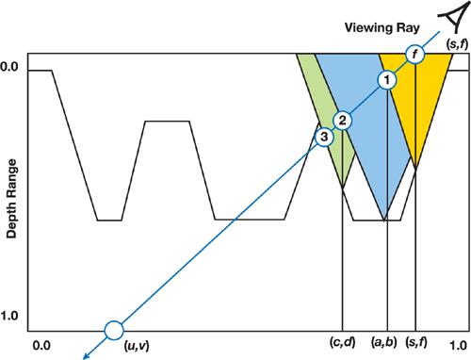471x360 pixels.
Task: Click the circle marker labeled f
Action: (x=415, y=55)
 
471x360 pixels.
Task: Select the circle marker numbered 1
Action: (x=387, y=80)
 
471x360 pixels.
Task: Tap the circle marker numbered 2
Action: (x=342, y=121)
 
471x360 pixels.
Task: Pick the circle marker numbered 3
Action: (x=324, y=137)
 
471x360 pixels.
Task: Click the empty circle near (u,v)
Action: (x=114, y=331)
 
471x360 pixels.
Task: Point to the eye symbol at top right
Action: (x=452, y=19)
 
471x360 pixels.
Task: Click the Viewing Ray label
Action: (x=382, y=27)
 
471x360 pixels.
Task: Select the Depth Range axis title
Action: (x=11, y=199)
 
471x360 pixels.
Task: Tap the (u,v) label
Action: (x=137, y=346)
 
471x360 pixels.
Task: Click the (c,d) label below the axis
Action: (x=343, y=342)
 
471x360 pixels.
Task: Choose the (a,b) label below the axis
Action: (x=384, y=342)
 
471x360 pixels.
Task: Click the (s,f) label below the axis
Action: (x=416, y=342)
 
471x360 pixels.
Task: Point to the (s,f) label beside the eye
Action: (x=457, y=44)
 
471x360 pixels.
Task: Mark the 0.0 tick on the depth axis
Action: (x=8, y=67)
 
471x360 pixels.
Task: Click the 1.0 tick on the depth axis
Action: (x=8, y=316)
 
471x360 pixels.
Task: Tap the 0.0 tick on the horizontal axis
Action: (x=41, y=346)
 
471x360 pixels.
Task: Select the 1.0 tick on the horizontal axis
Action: (x=458, y=346)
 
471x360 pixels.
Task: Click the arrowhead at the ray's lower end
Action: (x=86, y=356)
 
